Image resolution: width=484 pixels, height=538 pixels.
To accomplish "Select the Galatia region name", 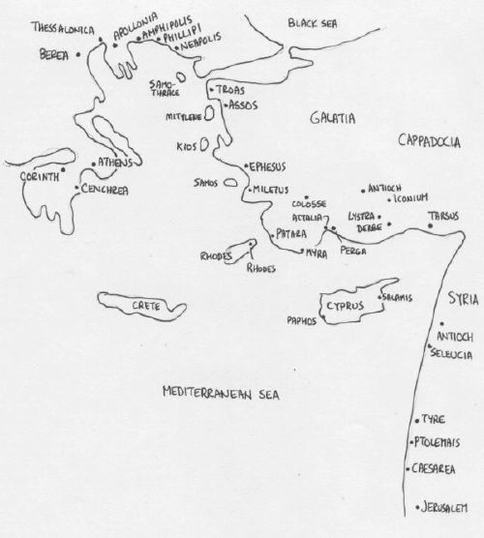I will [332, 117].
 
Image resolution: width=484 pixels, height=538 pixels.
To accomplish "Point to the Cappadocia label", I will [430, 142].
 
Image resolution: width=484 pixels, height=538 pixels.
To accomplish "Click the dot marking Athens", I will [92, 164].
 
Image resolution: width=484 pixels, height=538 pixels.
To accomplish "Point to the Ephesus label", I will [271, 166].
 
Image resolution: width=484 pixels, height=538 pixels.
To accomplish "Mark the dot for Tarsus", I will [431, 226].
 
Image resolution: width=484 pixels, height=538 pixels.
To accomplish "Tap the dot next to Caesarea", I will [408, 469].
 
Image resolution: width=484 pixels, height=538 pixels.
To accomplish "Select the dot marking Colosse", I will [307, 195].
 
